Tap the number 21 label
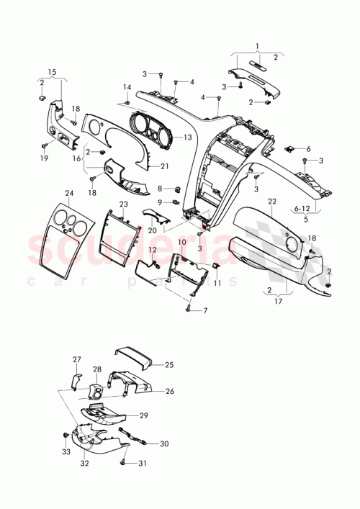(164, 166)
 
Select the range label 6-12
(302, 207)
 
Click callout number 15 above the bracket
(51, 71)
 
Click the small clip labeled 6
(291, 149)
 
